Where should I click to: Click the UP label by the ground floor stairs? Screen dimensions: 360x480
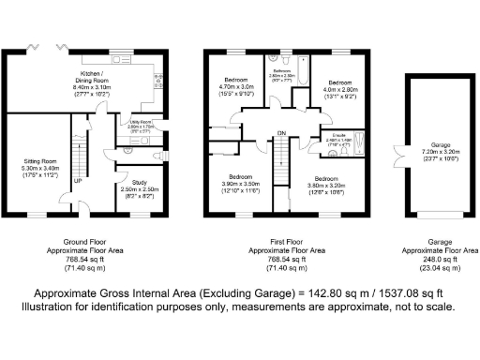click(76, 182)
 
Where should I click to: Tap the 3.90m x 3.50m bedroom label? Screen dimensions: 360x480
click(240, 184)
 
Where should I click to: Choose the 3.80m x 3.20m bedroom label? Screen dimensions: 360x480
click(323, 184)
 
